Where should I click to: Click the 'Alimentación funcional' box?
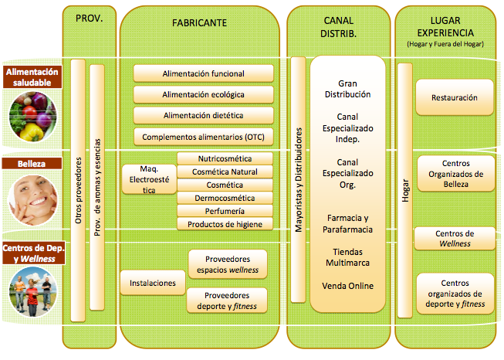pos(204,73)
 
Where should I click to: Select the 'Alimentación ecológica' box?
pos(204,94)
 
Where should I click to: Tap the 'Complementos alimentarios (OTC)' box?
pos(204,137)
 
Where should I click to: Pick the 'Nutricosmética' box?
pos(225,158)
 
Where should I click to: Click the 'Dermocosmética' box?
pos(225,198)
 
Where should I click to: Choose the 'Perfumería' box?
pos(225,211)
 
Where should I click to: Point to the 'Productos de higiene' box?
pos(225,224)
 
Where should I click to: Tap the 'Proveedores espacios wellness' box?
pos(228,264)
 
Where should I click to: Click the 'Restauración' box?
pos(455,98)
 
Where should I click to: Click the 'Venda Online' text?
pos(348,286)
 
